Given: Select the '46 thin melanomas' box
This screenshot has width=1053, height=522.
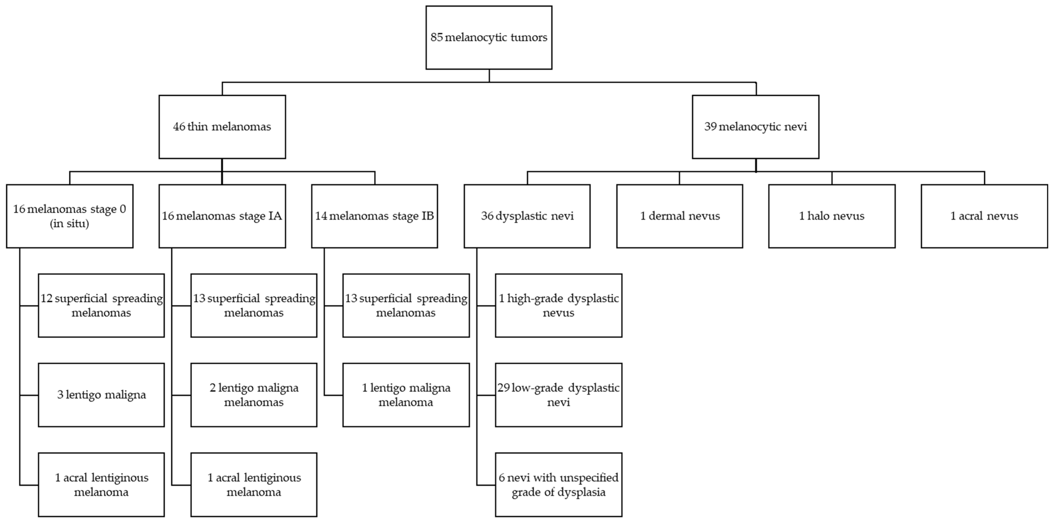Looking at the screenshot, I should coord(222,127).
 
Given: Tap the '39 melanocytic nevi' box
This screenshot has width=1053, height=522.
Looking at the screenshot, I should coord(755,127).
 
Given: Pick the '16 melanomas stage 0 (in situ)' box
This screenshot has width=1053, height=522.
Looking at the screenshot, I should coord(69,216).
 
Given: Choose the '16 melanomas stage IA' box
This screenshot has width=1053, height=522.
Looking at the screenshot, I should coord(222,216).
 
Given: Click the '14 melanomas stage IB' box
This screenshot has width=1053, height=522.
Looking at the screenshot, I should coord(374,216).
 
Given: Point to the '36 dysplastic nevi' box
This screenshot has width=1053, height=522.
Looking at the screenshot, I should coord(527,216).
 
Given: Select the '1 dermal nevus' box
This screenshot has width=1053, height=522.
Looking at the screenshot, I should coord(679,216).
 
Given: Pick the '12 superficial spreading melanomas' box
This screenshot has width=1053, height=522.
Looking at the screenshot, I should coord(101,305).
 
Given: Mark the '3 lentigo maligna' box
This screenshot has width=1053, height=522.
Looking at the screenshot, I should coord(101,395).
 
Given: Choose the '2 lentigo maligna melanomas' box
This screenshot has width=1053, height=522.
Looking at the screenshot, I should coord(254,395).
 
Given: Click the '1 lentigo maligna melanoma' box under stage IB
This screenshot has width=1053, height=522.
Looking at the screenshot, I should coord(406,395).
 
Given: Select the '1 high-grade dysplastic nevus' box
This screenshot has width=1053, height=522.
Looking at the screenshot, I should coord(558,305).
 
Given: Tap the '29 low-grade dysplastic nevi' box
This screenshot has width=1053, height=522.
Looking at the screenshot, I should coord(558,395).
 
